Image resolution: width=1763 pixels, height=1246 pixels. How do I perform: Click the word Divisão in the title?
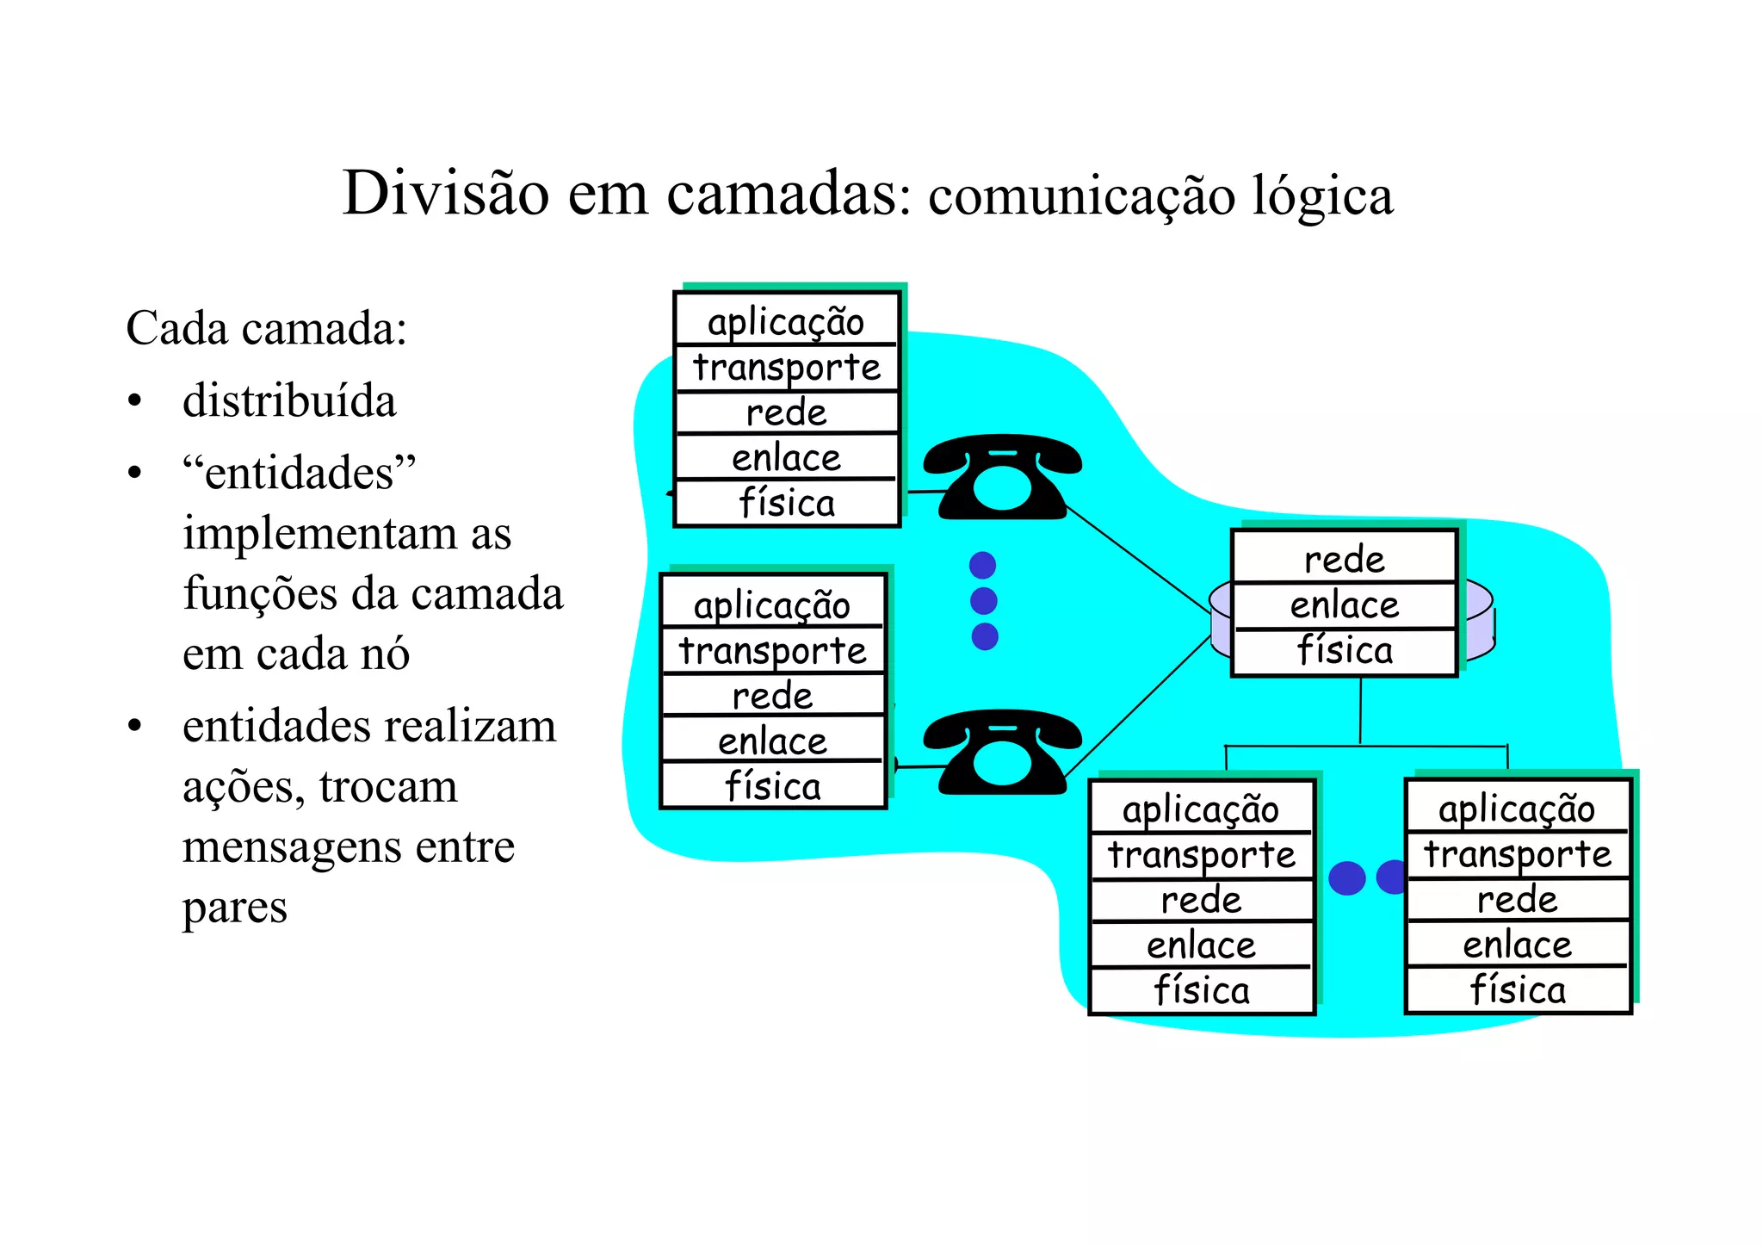click(445, 193)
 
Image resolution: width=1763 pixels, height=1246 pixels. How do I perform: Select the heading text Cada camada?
click(266, 328)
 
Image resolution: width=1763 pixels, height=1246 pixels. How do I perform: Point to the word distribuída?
click(289, 401)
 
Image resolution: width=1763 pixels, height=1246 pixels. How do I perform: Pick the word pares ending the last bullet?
click(234, 908)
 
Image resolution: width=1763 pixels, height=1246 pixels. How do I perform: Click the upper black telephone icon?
click(1002, 477)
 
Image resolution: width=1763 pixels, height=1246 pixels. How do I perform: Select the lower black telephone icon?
click(1002, 752)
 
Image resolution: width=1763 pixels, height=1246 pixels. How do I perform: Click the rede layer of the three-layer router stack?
click(1344, 560)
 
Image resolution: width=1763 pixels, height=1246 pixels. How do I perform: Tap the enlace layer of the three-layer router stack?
click(1344, 605)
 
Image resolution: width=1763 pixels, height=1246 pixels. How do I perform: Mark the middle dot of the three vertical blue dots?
click(983, 600)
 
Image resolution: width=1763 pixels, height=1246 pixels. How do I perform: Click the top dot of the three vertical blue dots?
click(982, 565)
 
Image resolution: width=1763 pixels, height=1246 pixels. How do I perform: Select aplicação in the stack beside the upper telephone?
click(786, 322)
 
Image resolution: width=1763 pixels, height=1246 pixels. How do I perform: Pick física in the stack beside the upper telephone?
click(786, 503)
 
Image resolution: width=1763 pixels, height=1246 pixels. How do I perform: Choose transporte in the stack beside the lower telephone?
click(772, 651)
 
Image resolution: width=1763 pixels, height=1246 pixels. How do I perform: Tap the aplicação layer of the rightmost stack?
click(1517, 809)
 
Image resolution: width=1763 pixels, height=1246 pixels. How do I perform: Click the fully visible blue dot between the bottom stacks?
click(1347, 878)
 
